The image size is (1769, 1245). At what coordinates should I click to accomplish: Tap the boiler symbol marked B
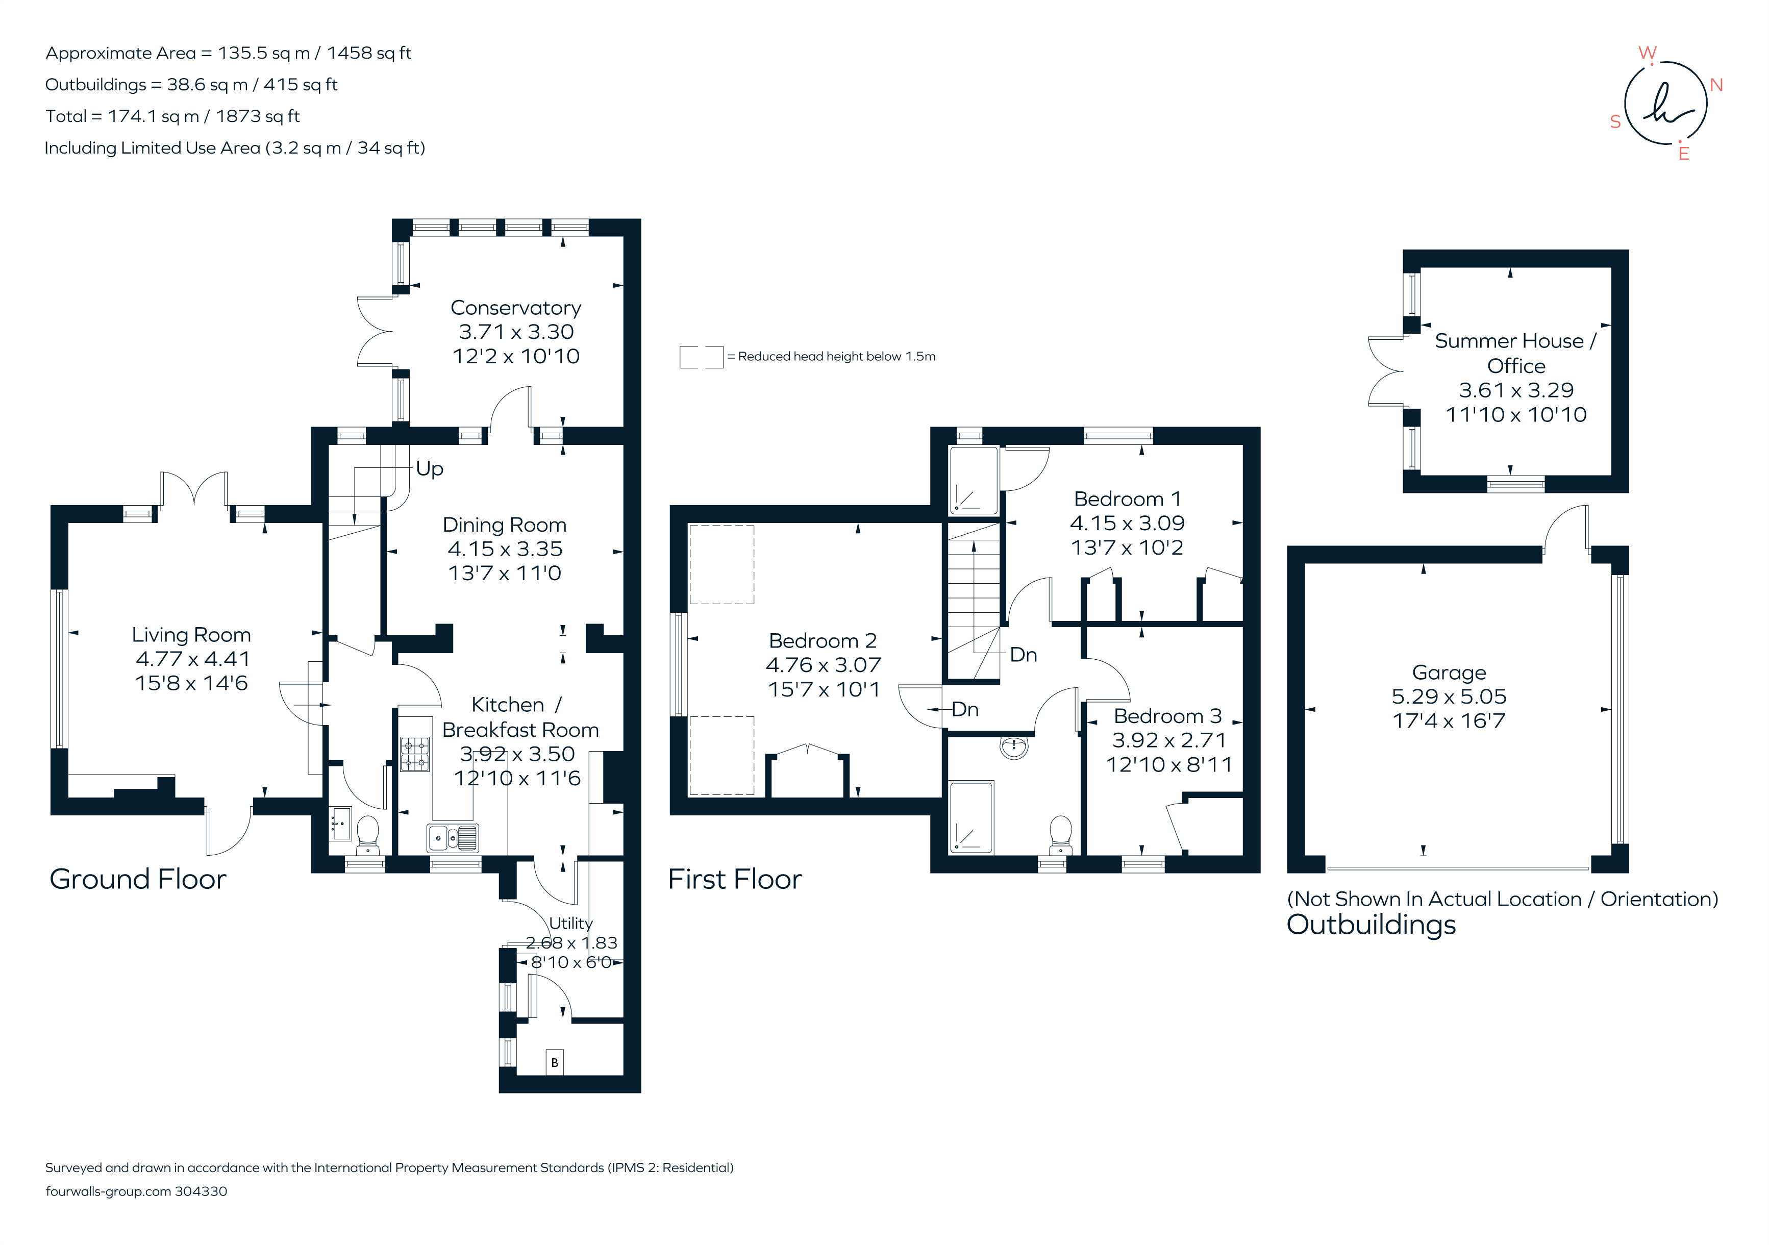[554, 1062]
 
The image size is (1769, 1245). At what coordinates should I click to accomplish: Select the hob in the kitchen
[414, 754]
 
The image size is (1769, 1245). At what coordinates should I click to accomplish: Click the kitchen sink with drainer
[452, 837]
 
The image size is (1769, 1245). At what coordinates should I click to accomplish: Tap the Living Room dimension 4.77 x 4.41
[193, 659]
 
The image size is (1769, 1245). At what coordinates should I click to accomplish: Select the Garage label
[1449, 673]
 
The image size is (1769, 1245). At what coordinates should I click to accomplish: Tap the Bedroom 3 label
[1167, 716]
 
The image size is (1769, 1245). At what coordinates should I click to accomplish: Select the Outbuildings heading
[1372, 925]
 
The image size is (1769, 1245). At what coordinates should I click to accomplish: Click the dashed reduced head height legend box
[701, 357]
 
